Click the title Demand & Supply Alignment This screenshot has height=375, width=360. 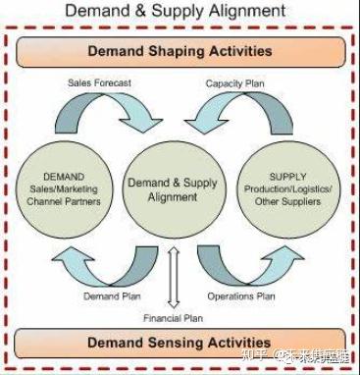click(x=180, y=12)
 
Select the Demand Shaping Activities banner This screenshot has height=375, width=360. click(x=180, y=51)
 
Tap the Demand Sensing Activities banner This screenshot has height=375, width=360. click(x=180, y=343)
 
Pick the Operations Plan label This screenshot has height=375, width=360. click(x=241, y=295)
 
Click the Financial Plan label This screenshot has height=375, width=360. click(x=173, y=318)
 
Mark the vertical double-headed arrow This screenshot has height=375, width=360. click(x=174, y=277)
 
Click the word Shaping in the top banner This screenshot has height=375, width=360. click(x=182, y=51)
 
